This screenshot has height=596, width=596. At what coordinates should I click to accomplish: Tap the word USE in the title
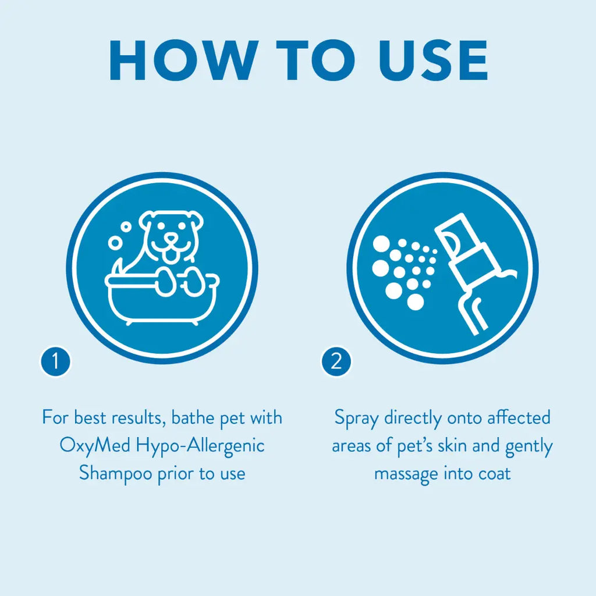click(433, 61)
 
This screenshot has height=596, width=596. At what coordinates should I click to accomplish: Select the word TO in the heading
click(315, 61)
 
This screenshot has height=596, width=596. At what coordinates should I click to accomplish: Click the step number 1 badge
click(55, 361)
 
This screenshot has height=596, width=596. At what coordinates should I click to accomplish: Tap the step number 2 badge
click(336, 361)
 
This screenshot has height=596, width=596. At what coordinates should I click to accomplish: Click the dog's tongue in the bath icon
click(172, 256)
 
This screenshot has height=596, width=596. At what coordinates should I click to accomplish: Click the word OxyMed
click(95, 445)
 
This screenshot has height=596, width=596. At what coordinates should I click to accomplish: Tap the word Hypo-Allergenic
click(200, 445)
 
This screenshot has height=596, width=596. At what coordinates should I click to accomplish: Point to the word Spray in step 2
click(357, 418)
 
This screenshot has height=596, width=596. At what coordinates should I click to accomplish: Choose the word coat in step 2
click(494, 474)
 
